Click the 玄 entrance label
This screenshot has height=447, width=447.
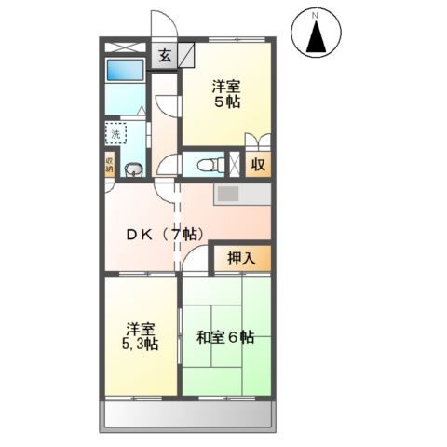click(x=164, y=55)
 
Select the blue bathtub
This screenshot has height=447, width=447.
click(x=123, y=71)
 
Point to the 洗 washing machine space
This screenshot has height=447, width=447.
click(x=116, y=135)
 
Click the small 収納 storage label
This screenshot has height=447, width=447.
click(x=109, y=166)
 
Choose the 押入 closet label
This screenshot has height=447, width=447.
click(x=243, y=258)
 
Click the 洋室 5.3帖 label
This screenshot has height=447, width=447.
click(x=141, y=336)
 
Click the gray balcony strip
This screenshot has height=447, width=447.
click(x=187, y=414)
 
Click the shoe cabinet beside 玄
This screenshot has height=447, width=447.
click(x=186, y=54)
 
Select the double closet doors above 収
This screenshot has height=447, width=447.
click(x=257, y=142)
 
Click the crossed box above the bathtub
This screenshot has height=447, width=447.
click(x=125, y=46)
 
